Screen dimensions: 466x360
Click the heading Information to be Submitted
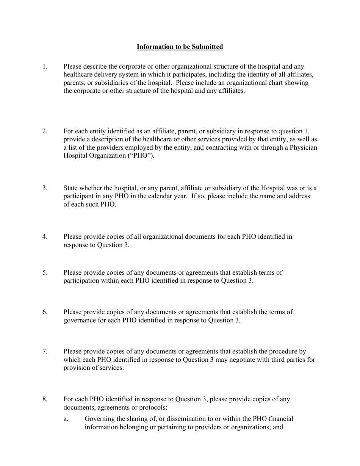point(180,47)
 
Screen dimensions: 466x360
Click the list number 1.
point(45,66)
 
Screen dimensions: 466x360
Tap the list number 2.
point(45,131)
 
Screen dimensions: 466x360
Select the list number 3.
point(45,188)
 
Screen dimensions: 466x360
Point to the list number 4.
point(45,237)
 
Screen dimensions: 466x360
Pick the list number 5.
point(45,272)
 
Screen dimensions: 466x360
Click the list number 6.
point(45,312)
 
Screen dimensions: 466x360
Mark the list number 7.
point(45,352)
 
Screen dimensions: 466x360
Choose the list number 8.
point(45,399)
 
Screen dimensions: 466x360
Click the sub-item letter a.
point(66,419)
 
